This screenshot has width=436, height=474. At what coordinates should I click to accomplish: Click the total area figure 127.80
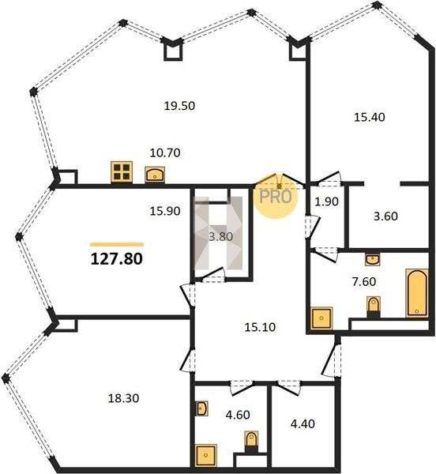pos(117,259)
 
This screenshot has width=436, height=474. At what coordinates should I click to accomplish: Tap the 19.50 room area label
pos(179,106)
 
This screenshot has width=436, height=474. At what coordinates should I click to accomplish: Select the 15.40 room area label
pos(369,117)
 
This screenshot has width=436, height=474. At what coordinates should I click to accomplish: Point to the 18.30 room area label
pos(123,398)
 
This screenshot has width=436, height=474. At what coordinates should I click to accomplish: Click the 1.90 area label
pos(326,201)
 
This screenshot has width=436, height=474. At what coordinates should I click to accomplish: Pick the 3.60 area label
pos(385,216)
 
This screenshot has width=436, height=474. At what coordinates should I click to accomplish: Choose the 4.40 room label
pos(303,423)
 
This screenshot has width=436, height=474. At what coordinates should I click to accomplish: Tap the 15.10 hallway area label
pos(260,327)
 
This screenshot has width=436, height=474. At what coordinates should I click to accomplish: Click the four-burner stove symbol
pos(122,172)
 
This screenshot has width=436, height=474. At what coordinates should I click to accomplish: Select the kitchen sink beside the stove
pos(155,175)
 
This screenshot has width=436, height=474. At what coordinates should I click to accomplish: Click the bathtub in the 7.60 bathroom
pos(417,293)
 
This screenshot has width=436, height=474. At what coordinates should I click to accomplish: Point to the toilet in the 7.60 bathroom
pos(374,307)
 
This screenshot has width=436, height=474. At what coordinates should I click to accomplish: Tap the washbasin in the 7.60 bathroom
pos(373,259)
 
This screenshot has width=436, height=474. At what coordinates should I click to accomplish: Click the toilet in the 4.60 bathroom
pos(251,442)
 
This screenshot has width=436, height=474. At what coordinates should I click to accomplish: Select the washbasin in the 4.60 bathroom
pos(201,408)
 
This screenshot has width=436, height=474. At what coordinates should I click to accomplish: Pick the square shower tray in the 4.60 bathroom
pos(206,455)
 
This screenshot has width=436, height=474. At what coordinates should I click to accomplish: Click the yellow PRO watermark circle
pos(276,197)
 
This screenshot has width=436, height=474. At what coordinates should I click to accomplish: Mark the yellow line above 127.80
pos(117,245)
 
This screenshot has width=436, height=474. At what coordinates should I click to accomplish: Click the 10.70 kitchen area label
pos(165,152)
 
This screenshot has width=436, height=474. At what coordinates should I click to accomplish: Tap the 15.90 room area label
pos(165,211)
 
